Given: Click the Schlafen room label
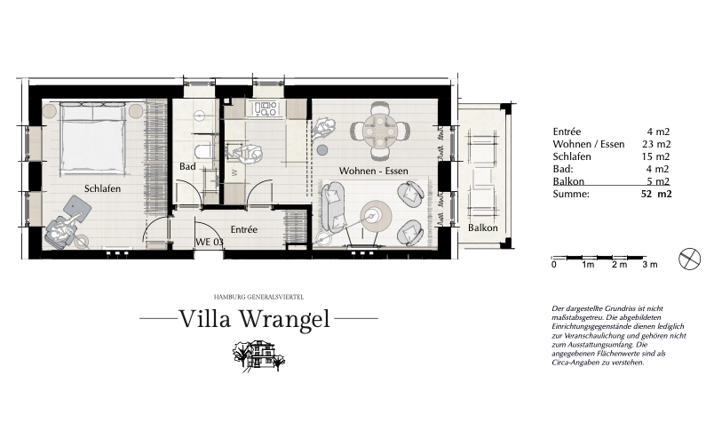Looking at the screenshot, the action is tap(102, 188).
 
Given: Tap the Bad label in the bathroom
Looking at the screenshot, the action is tap(187, 167).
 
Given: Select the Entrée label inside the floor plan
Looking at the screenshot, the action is tap(243, 229).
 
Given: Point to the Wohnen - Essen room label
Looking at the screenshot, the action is tap(373, 171).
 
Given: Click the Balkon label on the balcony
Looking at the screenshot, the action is tap(483, 227).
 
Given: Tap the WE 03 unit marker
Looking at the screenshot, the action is tap(210, 242).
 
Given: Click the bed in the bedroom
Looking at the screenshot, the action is tap(92, 138).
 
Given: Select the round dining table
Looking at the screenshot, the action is tap(380, 131).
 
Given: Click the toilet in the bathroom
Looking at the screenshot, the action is tap(202, 151).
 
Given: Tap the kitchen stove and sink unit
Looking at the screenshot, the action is tap(265, 109).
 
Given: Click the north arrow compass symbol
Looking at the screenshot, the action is tap(689, 259).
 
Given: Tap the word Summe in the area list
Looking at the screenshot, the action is tap(571, 194).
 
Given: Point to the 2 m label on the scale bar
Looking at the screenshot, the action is tap(619, 265).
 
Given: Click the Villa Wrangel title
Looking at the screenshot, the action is tap(255, 318).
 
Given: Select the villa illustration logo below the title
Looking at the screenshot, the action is tap(258, 355).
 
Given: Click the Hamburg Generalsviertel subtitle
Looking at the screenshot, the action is tap(258, 297).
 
